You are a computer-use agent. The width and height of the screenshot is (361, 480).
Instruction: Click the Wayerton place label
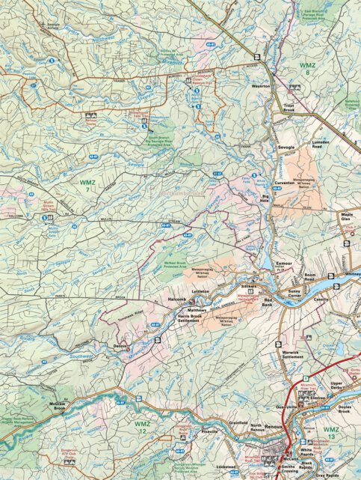pos(261,86)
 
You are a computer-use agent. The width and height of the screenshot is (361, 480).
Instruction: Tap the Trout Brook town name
pos(292,107)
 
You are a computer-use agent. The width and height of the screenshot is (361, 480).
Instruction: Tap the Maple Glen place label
pos(347,218)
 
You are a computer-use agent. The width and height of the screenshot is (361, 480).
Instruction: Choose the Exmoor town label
pos(284,264)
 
